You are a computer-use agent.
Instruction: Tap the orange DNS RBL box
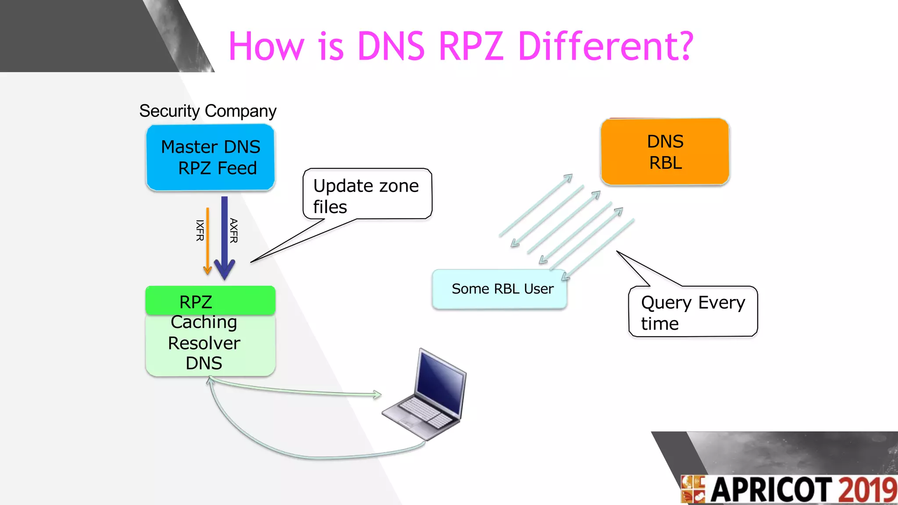pyautogui.click(x=665, y=152)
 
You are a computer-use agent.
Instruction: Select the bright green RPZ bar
pyautogui.click(x=210, y=301)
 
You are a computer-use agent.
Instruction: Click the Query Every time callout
pyautogui.click(x=693, y=312)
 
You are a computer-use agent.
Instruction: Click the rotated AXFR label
pyautogui.click(x=234, y=231)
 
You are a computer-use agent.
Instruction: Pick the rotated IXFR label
pyautogui.click(x=200, y=231)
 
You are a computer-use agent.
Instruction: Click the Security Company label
pyautogui.click(x=207, y=111)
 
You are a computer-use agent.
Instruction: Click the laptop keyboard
pyautogui.click(x=424, y=413)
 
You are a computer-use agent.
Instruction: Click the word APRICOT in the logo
pyautogui.click(x=772, y=490)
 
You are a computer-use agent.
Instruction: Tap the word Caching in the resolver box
pyautogui.click(x=204, y=322)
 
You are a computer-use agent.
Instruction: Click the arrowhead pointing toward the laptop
pyautogui.click(x=377, y=395)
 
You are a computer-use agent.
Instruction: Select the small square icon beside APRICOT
pyautogui.click(x=693, y=489)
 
